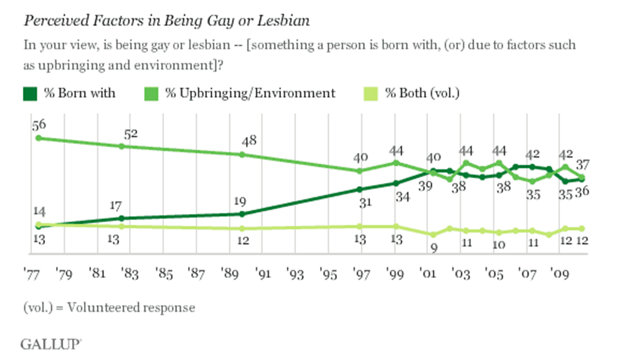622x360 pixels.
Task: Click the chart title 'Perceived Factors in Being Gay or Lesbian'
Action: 166,20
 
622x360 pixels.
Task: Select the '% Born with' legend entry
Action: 70,93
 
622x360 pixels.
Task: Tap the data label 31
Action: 360,202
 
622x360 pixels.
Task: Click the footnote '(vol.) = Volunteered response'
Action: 109,307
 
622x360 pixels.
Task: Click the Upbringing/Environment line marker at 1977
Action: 38,138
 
